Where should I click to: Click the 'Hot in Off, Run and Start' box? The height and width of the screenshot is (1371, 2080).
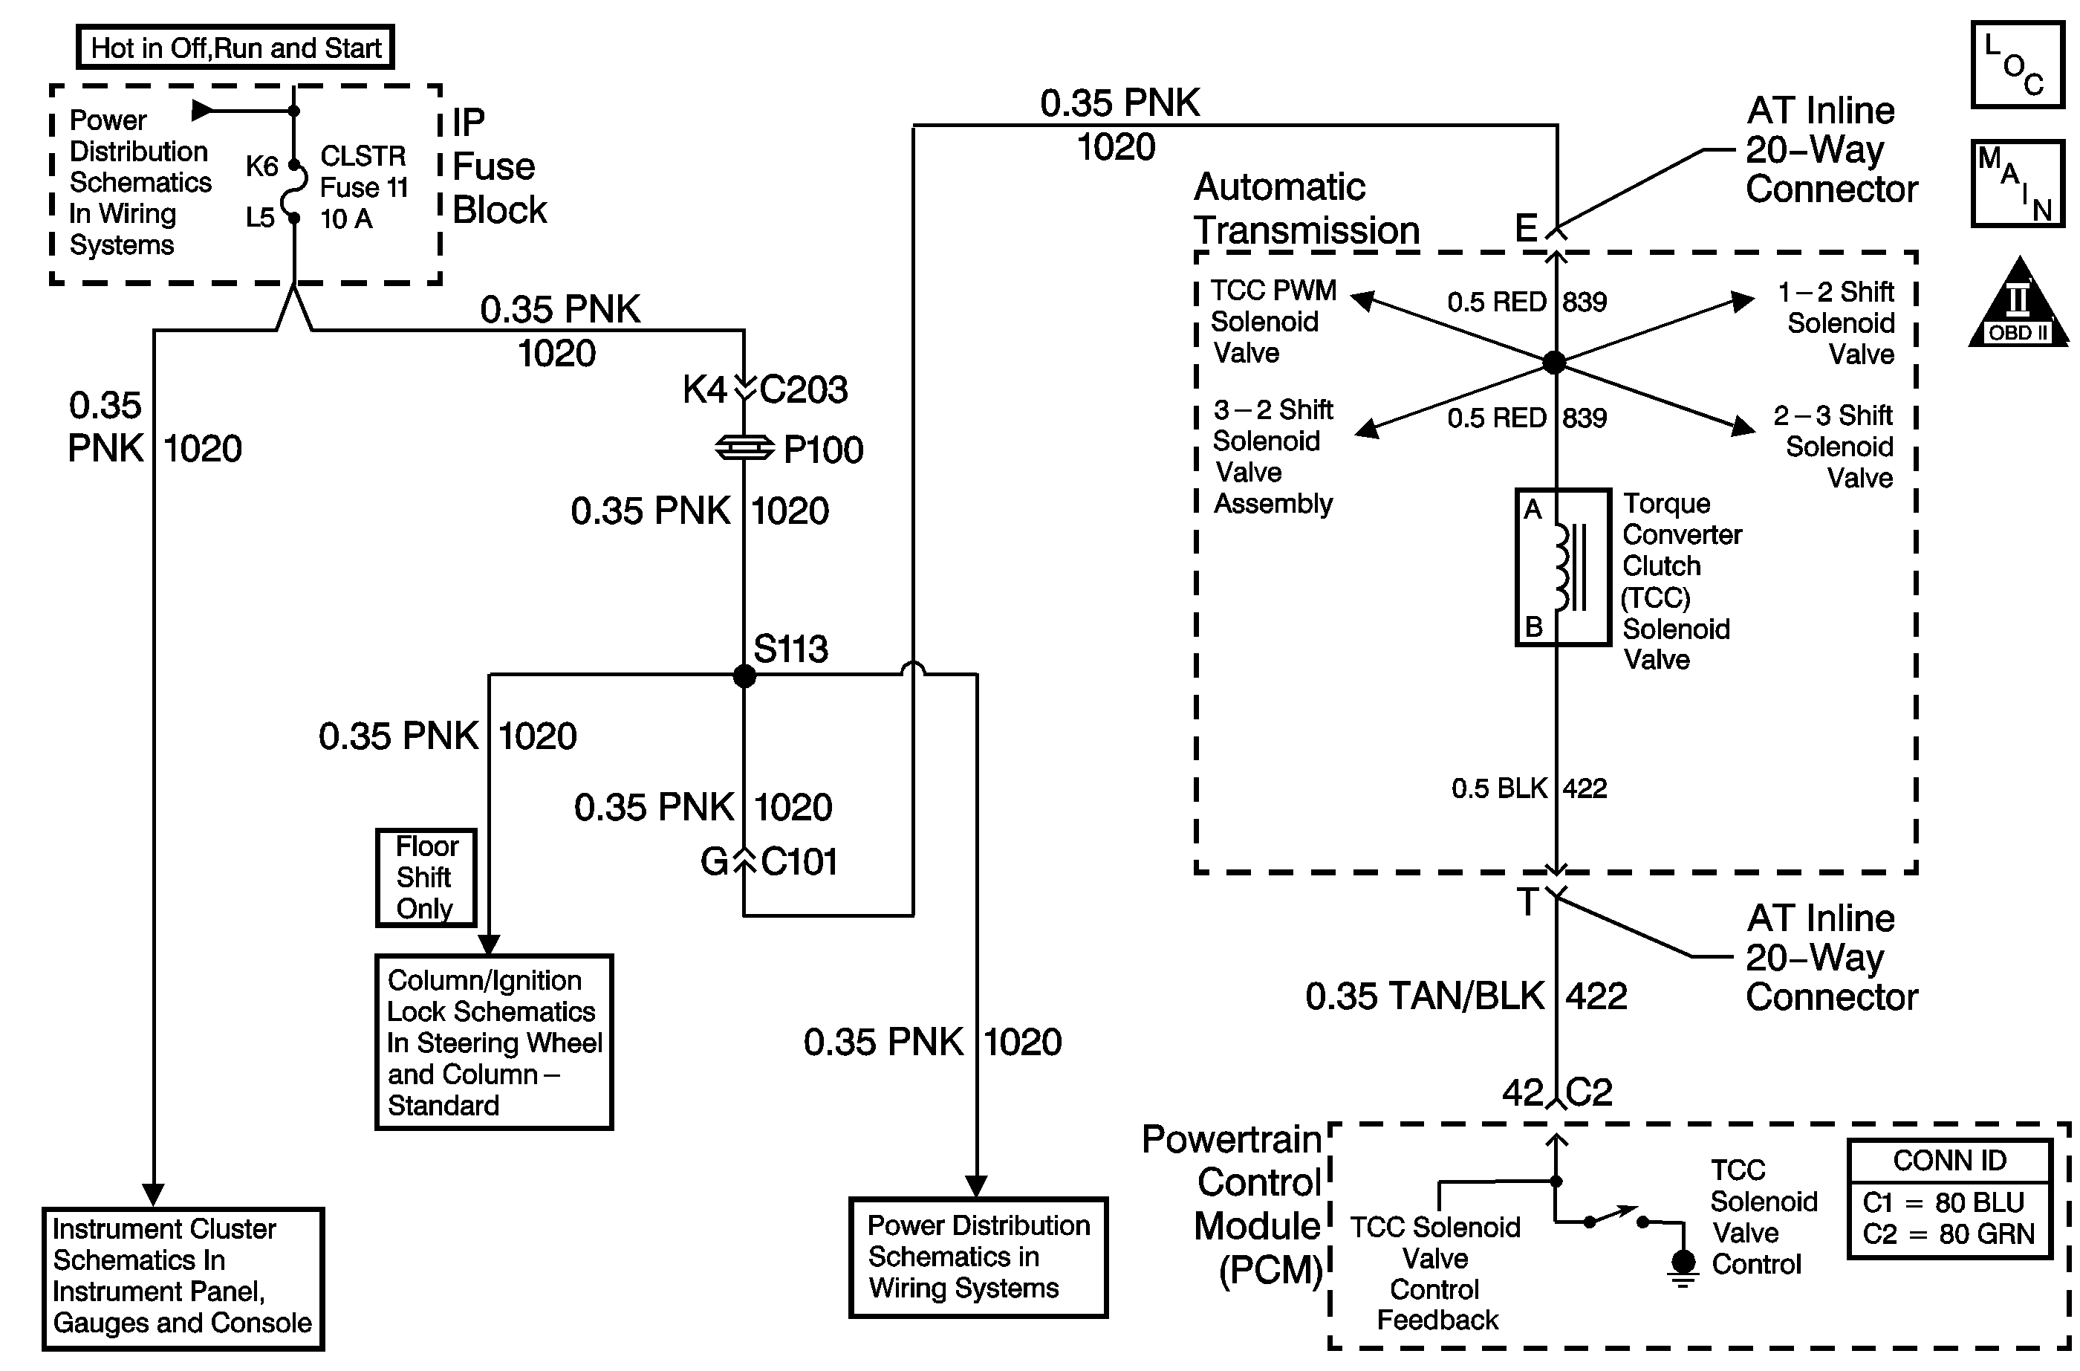click(236, 48)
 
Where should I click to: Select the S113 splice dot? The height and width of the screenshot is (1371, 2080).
click(744, 675)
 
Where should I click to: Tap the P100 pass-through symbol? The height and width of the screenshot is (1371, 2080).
click(744, 449)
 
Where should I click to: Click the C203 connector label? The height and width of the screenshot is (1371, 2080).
click(803, 390)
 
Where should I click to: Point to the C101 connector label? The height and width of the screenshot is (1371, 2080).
click(799, 862)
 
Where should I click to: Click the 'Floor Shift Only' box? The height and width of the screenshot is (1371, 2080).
click(426, 877)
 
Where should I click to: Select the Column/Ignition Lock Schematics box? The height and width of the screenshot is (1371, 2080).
click(494, 1043)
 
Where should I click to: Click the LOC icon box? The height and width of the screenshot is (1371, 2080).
click(2018, 65)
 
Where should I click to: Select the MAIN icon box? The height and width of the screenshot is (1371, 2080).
click(2018, 184)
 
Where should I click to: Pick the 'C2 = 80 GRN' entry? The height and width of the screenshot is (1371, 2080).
click(1949, 1234)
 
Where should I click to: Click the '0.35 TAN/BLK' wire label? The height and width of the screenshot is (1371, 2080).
click(1425, 996)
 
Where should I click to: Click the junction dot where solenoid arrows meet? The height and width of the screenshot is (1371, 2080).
click(1554, 361)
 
